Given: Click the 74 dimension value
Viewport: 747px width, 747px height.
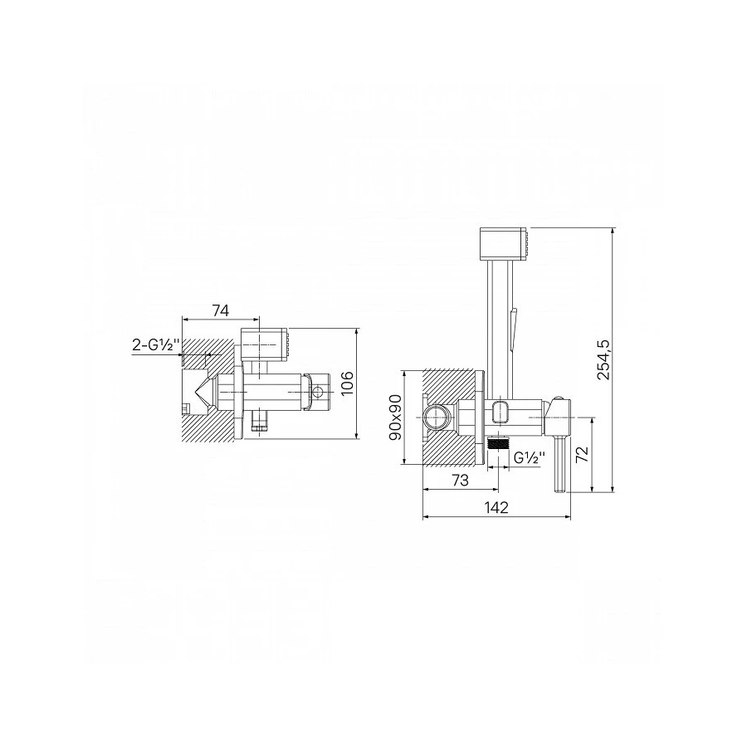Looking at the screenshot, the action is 221,310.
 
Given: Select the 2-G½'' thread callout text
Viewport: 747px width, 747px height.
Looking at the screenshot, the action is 155,345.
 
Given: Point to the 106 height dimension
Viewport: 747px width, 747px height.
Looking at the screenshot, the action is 348,383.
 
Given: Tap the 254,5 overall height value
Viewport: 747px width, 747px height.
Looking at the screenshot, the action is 603,360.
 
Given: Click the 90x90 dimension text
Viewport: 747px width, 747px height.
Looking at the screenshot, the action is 396,417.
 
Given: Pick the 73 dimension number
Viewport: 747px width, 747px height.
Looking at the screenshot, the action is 460,481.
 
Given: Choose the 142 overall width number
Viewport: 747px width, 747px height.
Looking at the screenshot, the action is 497,507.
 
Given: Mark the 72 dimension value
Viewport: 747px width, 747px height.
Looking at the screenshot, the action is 582,454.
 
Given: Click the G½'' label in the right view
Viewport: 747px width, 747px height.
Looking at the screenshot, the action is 530,457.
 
